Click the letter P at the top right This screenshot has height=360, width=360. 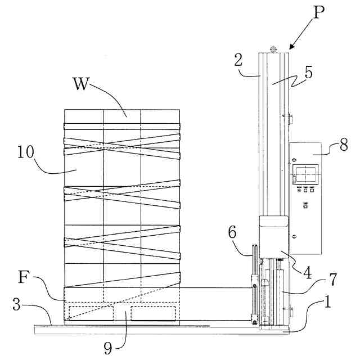[319, 12]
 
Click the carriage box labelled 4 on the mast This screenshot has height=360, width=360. [274, 236]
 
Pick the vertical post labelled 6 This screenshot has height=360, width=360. [255, 281]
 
